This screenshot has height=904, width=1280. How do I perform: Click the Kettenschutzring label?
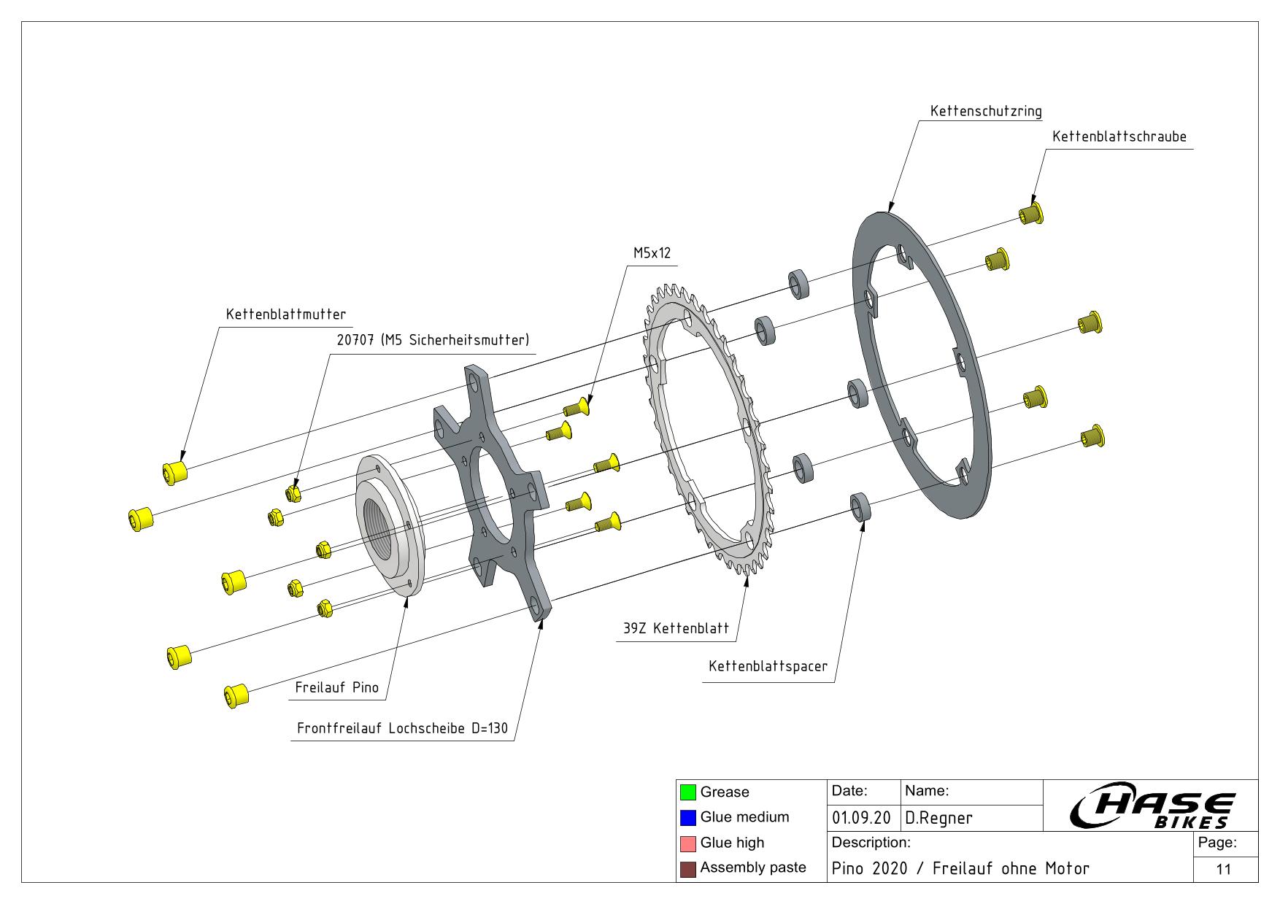coord(985,112)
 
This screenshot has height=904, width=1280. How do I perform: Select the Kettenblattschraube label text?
coord(1119,137)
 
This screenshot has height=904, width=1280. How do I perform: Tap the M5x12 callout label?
coord(651,254)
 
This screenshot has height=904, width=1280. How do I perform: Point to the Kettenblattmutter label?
coord(285,314)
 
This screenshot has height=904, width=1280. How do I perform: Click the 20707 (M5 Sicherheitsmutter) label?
coord(433,340)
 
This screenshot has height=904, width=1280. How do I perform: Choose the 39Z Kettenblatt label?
coord(676,629)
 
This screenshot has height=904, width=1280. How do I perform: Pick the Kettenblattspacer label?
coord(768,667)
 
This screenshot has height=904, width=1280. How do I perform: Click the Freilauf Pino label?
coord(336,687)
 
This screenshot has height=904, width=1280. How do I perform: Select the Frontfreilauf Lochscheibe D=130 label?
coord(402,729)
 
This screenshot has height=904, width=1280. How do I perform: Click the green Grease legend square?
coord(687,792)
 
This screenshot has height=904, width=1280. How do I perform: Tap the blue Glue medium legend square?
coord(687,818)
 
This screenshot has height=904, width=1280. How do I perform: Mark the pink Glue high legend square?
coord(687,843)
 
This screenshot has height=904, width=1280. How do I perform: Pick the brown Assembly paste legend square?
coord(687,869)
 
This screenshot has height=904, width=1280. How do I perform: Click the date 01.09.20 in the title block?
coord(861,819)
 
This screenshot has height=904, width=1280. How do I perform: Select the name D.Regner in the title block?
coord(938,819)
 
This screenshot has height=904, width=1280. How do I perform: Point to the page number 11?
coord(1224,869)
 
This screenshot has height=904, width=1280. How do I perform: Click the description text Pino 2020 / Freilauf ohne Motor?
coord(960,869)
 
